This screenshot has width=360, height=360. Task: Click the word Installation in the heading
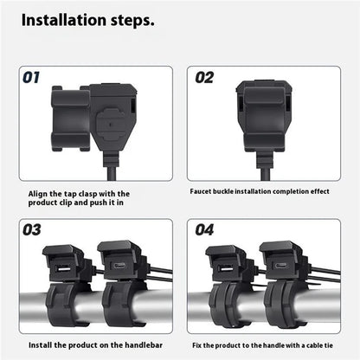pyautogui.click(x=64, y=20)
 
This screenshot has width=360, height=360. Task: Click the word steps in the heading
pyautogui.click(x=132, y=21)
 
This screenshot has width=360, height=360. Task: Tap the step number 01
pyautogui.click(x=31, y=78)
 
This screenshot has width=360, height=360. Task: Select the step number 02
pyautogui.click(x=204, y=78)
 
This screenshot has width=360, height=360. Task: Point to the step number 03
pyautogui.click(x=32, y=230)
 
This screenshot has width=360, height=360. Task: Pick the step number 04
pyautogui.click(x=204, y=230)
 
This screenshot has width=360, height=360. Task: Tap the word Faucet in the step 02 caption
pyautogui.click(x=201, y=191)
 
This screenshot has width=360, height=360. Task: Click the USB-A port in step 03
pyautogui.click(x=63, y=270)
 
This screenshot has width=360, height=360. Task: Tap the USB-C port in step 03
pyautogui.click(x=119, y=266)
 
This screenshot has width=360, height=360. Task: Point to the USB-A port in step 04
pyautogui.click(x=226, y=270)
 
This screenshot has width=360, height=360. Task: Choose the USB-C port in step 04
pyautogui.click(x=280, y=266)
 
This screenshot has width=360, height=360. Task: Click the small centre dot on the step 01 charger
pyautogui.click(x=111, y=125)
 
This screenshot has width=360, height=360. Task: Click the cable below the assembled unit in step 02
pyautogui.click(x=266, y=173)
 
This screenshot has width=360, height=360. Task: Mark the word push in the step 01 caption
pyautogui.click(x=99, y=202)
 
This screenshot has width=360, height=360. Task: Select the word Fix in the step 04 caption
pyautogui.click(x=197, y=345)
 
